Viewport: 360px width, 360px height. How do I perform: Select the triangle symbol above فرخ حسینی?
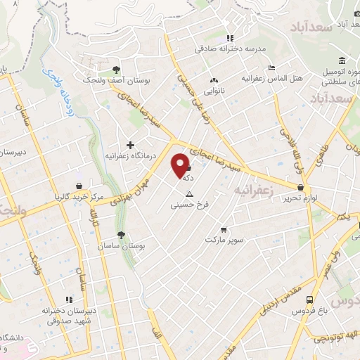click(x=188, y=193)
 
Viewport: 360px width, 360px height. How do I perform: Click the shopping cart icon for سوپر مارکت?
click(x=223, y=229)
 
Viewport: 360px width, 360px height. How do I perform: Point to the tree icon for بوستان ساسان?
click(x=122, y=236)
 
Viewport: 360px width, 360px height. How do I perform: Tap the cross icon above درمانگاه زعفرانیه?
click(x=130, y=144)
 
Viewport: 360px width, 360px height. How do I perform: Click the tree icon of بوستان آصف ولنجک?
click(x=117, y=69)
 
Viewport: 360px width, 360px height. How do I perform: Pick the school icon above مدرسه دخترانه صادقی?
click(x=229, y=38)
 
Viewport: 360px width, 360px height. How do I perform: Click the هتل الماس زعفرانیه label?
click(x=271, y=77)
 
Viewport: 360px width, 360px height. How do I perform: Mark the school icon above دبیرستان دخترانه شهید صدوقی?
click(x=68, y=299)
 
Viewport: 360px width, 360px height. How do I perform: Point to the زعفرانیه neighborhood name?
click(x=252, y=191)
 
